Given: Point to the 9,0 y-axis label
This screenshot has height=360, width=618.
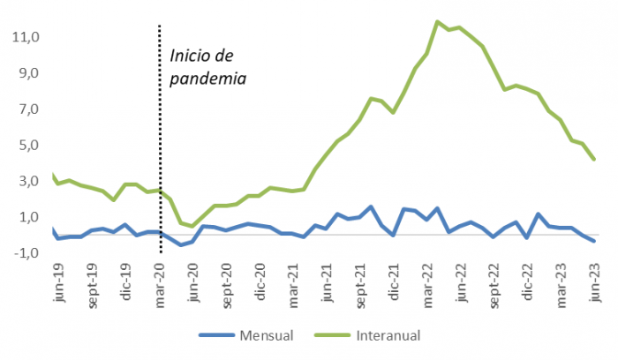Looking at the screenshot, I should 25,73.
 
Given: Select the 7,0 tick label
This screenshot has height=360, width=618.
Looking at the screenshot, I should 25,109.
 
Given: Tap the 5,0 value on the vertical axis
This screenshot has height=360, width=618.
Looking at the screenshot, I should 25,146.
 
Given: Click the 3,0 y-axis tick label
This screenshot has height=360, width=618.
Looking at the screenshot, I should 25,182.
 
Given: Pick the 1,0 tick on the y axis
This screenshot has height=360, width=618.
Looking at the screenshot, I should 25,218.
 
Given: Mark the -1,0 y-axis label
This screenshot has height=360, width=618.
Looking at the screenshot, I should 23,253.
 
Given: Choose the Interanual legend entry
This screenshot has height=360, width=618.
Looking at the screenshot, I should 388,335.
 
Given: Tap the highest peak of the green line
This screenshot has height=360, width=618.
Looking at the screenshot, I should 438,22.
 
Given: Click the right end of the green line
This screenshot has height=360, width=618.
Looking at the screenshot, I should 594,159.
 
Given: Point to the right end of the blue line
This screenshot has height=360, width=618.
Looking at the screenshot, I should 594,241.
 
